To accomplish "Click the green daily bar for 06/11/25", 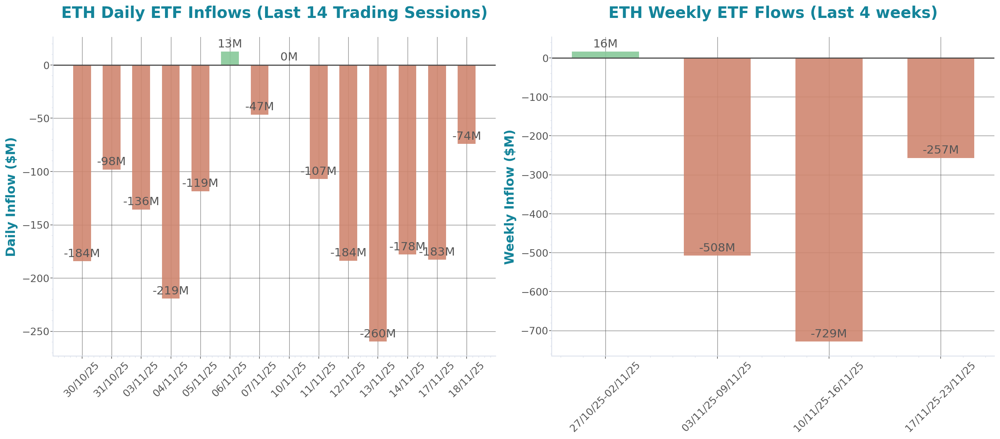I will point(230,58).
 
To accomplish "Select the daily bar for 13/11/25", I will point(378,202).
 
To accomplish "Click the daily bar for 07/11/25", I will point(259,89).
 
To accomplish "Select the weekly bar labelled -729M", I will point(829,198).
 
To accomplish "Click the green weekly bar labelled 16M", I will point(605,55).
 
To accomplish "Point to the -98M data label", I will point(111,161).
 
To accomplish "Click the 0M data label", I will point(289,57).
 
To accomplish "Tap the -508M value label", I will point(717,247).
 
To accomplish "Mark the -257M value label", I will point(941,149).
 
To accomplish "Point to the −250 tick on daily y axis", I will point(37,332).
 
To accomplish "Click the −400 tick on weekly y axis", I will point(535,214).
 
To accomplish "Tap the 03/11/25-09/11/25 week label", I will point(717,396).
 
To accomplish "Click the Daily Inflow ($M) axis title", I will point(11,197).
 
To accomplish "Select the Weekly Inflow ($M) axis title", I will point(509,197).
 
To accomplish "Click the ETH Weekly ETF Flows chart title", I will point(773,12).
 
